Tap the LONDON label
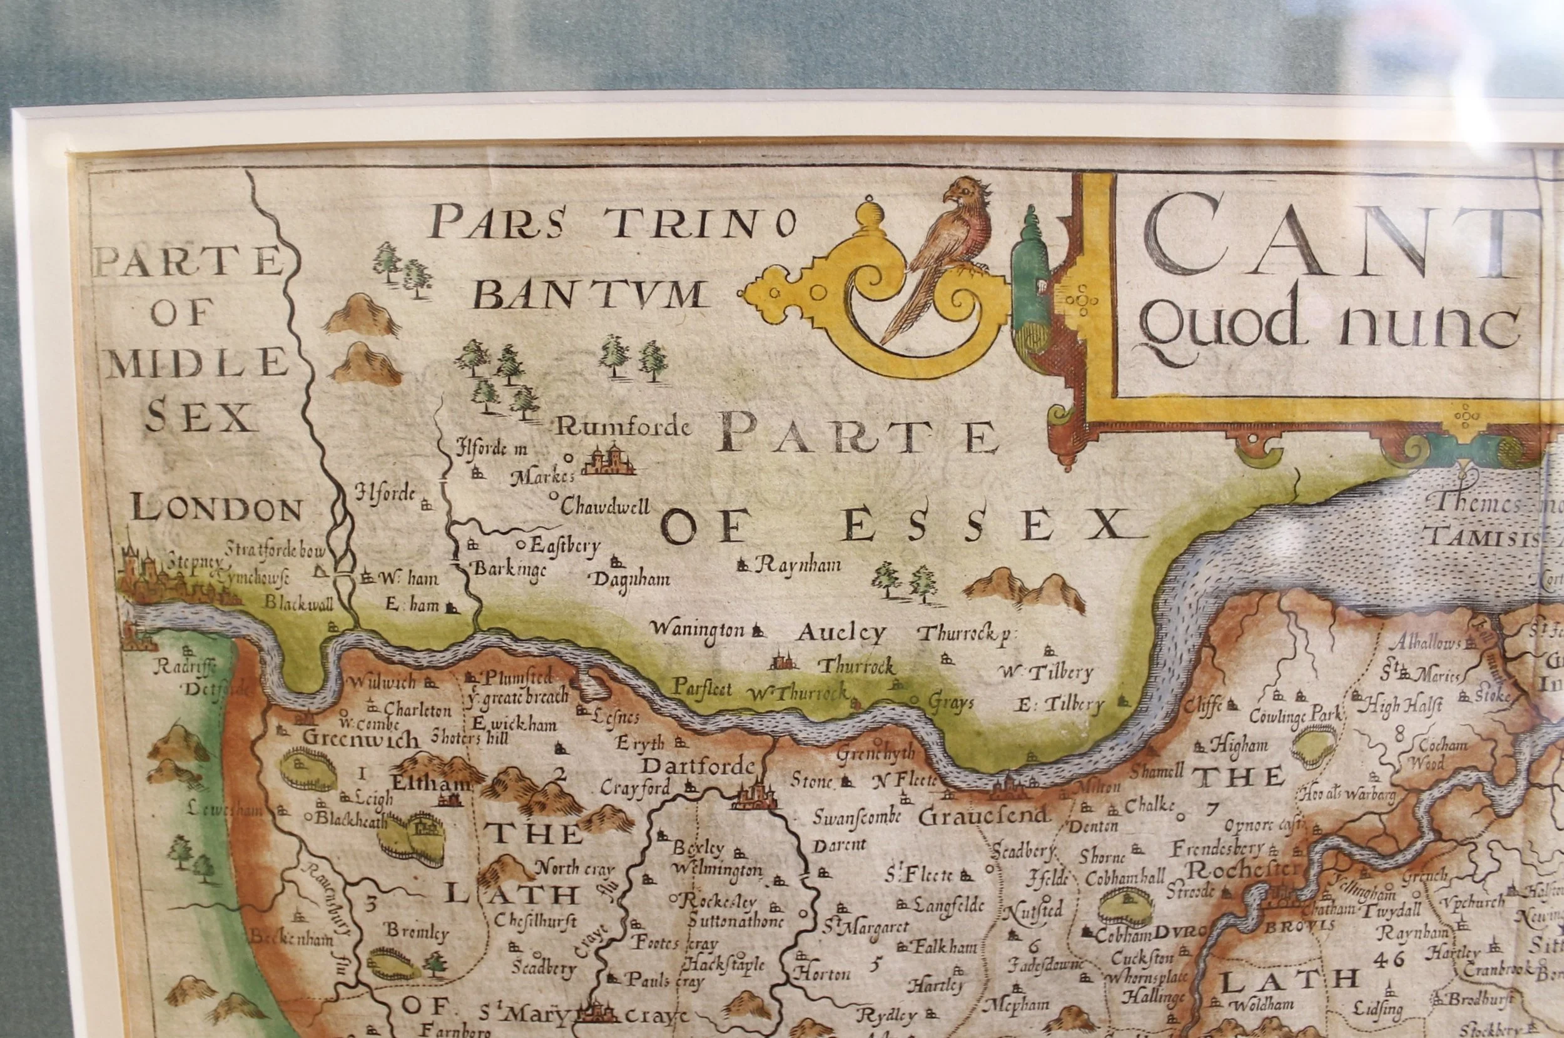pos(216,509)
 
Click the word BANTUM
pos(589,296)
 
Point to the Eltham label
pos(432,784)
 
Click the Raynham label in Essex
pos(797,565)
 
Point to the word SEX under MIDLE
pos(201,417)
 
